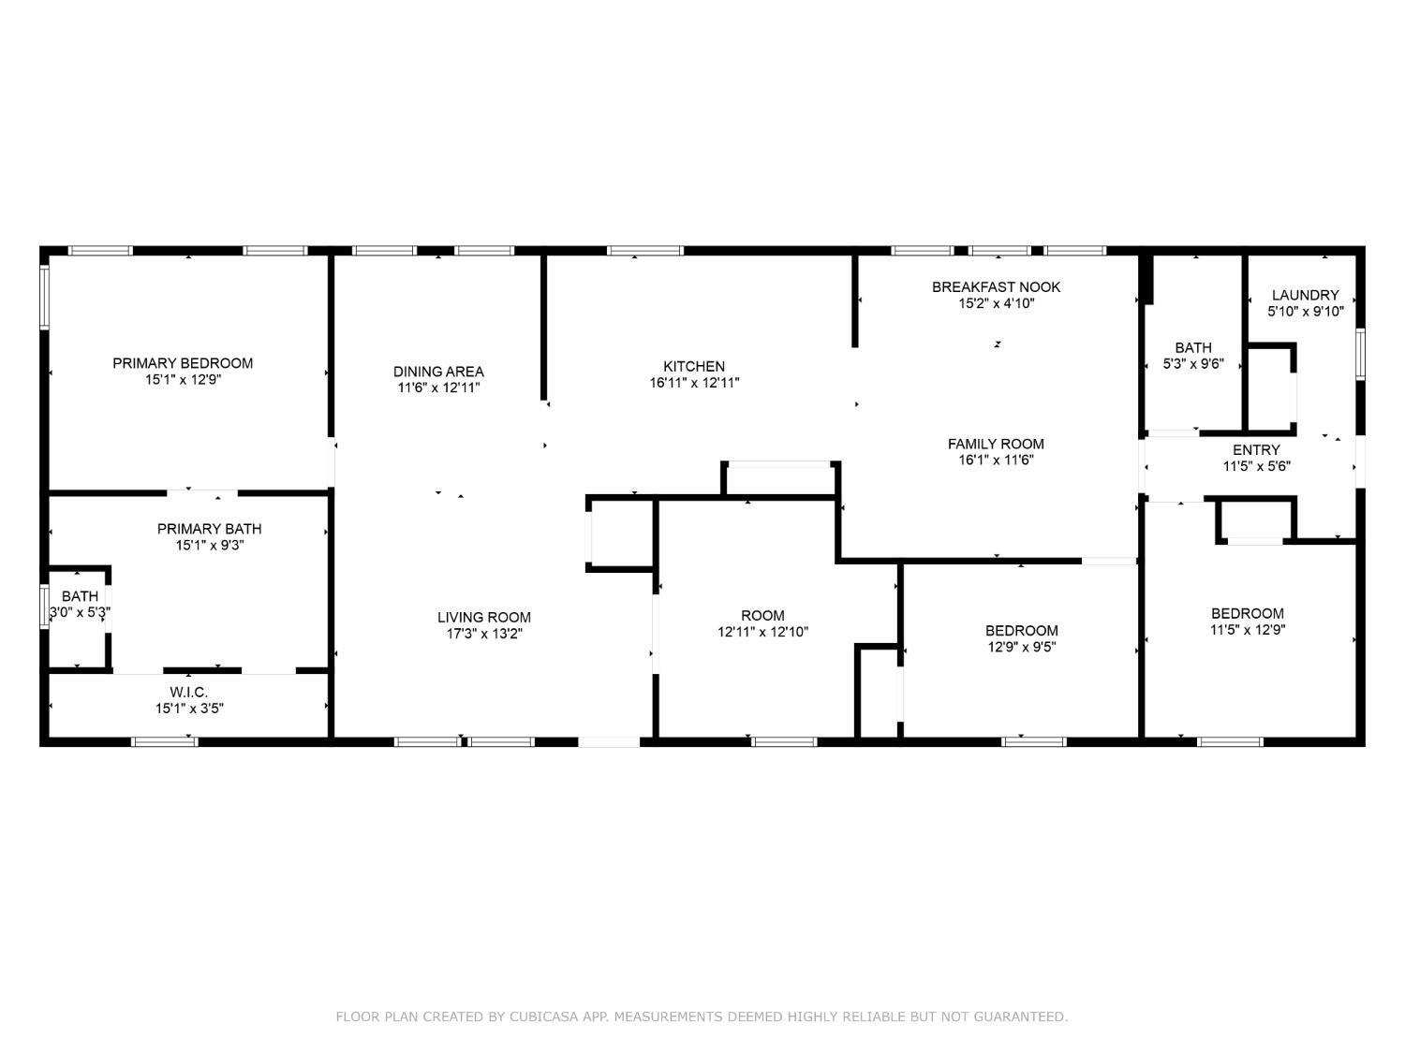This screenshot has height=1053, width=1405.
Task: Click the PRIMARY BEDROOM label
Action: click(x=183, y=363)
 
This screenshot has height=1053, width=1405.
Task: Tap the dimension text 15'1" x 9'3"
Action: click(x=209, y=545)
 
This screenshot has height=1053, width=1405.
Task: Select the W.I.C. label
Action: click(x=188, y=692)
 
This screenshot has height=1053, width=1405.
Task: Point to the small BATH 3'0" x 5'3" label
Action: click(x=80, y=596)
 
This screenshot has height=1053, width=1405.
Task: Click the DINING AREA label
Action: click(x=438, y=372)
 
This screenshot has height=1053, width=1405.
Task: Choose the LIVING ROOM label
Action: click(x=483, y=617)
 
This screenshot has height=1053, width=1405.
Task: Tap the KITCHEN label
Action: click(x=694, y=366)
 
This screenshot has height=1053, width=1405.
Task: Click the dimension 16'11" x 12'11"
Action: click(x=694, y=383)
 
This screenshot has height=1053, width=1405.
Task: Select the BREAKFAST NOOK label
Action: click(x=996, y=286)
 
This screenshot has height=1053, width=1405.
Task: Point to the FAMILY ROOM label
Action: click(x=995, y=444)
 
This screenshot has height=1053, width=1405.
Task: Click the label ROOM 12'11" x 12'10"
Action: click(x=762, y=615)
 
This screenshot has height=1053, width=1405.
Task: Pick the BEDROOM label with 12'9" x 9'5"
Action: click(x=1021, y=630)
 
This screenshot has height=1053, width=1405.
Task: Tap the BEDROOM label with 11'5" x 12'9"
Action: click(x=1247, y=613)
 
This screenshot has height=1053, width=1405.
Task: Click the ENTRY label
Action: click(x=1256, y=449)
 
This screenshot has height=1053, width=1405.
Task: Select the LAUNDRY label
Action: click(x=1305, y=295)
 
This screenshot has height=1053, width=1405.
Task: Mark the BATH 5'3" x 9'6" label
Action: click(x=1192, y=347)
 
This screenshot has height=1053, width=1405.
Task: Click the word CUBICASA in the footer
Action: click(x=542, y=1016)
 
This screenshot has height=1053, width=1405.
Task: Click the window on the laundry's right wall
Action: click(x=1360, y=354)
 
